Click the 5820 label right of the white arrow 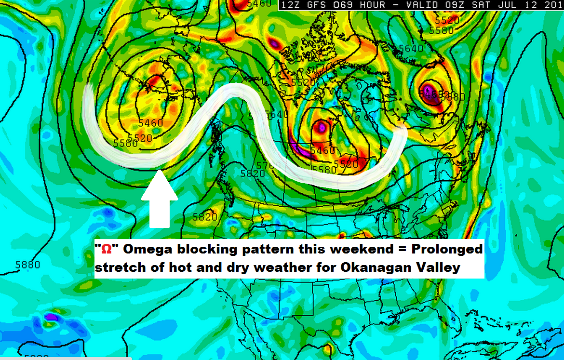point(204,217)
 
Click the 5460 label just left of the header point(259,4)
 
